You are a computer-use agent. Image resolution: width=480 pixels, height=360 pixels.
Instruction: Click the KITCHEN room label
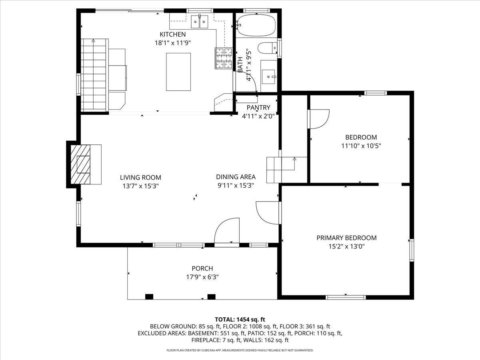[x=172, y=34]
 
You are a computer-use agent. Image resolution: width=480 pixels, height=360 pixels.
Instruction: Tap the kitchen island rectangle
[x=178, y=72]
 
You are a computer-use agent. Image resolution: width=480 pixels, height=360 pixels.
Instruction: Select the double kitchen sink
[x=200, y=22]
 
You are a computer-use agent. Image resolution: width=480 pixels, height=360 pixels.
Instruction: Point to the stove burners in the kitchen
[x=224, y=58]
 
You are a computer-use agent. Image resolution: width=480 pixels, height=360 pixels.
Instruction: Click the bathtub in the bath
[x=257, y=25]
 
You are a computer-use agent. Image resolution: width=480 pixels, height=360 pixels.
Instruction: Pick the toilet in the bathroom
[x=268, y=48]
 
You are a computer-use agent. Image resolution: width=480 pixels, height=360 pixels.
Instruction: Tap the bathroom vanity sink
[x=269, y=77]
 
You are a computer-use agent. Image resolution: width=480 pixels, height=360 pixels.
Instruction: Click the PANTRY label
[x=258, y=108]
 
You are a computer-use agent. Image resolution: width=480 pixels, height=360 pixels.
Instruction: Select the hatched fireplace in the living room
[x=80, y=164]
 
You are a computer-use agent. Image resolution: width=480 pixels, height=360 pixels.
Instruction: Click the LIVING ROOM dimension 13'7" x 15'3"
[x=140, y=186]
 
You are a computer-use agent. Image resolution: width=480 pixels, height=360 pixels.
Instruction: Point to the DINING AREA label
[x=236, y=177]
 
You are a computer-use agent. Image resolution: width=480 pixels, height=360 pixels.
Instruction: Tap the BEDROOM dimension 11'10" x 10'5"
[x=361, y=146]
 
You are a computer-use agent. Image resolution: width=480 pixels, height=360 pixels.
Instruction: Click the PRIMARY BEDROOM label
[x=347, y=238]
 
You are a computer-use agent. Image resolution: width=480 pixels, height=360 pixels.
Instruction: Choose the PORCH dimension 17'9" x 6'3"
[x=202, y=277]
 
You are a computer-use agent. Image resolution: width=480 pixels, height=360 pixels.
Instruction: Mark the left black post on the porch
[x=149, y=297]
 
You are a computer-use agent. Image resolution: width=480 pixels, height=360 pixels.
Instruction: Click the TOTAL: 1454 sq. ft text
[x=240, y=320]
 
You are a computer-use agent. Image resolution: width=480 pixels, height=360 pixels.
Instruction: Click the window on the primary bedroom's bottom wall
[x=346, y=297]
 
